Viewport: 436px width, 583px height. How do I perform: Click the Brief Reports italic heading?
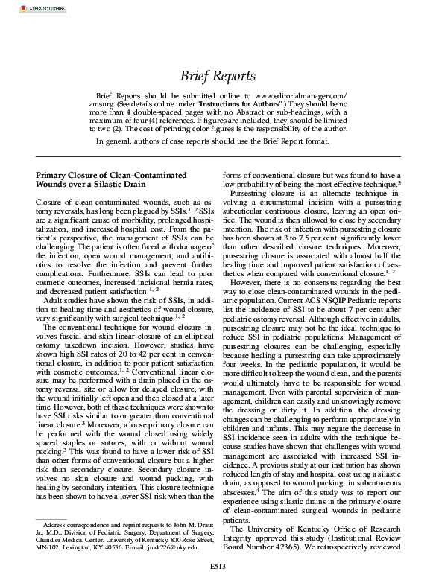(x=218, y=76)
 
